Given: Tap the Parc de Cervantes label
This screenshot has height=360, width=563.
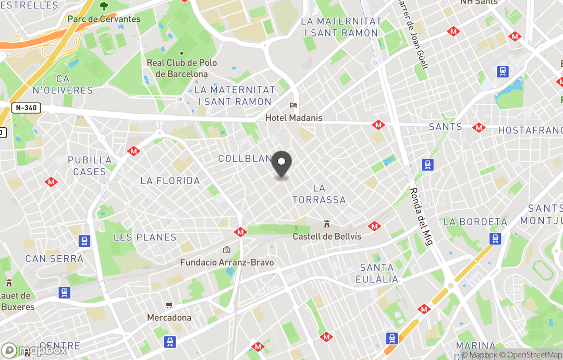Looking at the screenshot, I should coord(104,19).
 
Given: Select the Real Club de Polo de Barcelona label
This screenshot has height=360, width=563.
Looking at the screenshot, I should coord(181,68).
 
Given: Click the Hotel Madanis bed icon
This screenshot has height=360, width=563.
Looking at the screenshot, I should coord(294,105).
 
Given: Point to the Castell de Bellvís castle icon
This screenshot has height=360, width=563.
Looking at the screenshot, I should coord(327,224).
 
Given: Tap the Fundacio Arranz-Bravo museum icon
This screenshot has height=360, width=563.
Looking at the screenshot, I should coord(227,250).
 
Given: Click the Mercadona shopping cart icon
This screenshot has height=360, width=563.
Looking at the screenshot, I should coord(169,305).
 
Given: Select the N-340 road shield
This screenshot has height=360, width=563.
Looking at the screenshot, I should coord(26,108).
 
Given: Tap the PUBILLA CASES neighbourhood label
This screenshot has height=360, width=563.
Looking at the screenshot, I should coord(90,166).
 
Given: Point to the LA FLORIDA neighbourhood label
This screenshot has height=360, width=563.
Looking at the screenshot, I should coord(170,181).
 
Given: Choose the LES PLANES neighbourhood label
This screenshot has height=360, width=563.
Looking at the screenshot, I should coord(145,237).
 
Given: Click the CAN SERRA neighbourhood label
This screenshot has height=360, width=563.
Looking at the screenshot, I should coord(54,259).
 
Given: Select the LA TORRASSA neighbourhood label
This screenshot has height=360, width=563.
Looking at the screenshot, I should coord(319,194).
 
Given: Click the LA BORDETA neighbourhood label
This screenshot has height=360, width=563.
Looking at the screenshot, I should coord(475,222).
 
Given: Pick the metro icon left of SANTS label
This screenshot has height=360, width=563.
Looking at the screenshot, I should coord(378,125).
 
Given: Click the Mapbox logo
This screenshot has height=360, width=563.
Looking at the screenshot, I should coord(34,350).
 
